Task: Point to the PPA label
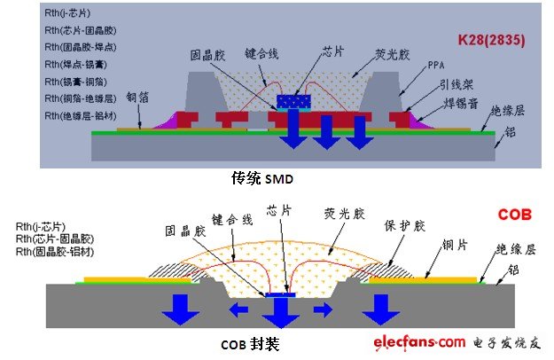tap(436, 66)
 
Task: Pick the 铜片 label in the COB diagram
tap(453, 246)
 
